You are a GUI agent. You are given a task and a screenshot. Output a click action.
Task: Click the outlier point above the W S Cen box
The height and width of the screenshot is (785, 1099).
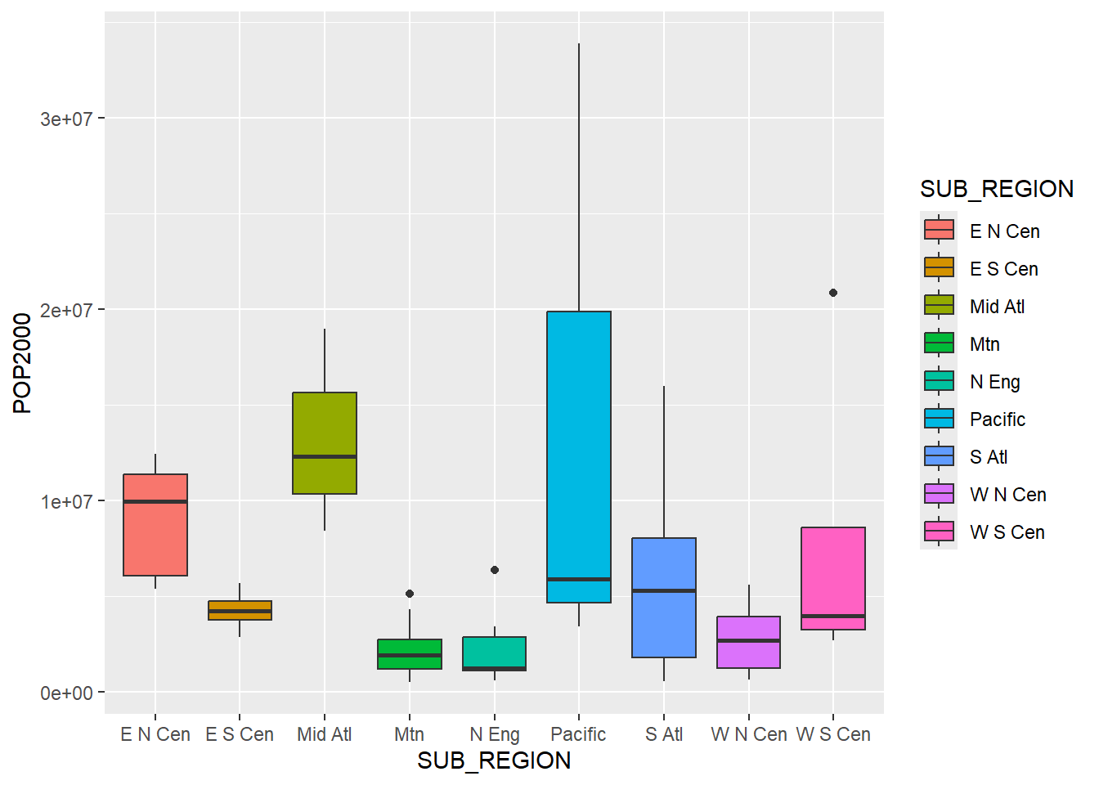[833, 293]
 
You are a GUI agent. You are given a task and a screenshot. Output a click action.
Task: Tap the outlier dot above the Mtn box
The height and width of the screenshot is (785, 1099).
[410, 594]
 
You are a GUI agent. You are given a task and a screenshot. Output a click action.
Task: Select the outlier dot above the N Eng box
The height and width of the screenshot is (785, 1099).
[495, 570]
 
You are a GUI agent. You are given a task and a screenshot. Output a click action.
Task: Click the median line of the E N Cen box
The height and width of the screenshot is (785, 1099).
[155, 501]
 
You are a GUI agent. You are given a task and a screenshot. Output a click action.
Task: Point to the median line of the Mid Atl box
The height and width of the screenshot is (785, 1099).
[325, 456]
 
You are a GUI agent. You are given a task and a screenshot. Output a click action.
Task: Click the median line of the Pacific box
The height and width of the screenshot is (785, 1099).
[579, 579]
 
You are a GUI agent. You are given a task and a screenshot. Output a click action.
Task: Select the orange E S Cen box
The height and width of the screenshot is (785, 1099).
[240, 611]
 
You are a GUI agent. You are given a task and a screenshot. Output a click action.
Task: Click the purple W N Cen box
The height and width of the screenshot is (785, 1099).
[748, 642]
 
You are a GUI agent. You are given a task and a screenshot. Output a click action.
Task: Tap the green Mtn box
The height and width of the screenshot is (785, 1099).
[410, 654]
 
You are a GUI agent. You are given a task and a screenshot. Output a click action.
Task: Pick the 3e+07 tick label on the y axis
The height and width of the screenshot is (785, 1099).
[66, 119]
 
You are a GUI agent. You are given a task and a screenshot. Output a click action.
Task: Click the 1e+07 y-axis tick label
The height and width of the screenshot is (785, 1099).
[66, 502]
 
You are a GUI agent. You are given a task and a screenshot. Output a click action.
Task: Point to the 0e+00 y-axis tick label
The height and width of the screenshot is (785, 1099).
[66, 693]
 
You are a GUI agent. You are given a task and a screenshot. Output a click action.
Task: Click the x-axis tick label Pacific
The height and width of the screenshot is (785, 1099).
[578, 734]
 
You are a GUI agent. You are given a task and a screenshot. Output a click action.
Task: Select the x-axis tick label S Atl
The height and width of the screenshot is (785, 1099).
[663, 734]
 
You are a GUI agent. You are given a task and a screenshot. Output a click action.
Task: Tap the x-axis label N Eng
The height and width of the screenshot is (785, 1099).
[494, 734]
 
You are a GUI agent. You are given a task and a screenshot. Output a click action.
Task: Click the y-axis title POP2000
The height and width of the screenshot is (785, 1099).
[23, 363]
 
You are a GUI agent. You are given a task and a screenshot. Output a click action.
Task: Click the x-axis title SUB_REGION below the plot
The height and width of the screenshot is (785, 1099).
[494, 760]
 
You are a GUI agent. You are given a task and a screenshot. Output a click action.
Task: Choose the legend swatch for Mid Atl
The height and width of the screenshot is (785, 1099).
[939, 306]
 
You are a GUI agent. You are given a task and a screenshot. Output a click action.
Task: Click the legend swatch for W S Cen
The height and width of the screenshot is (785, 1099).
[939, 532]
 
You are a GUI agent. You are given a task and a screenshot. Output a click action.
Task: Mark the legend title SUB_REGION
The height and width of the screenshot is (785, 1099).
[996, 189]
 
